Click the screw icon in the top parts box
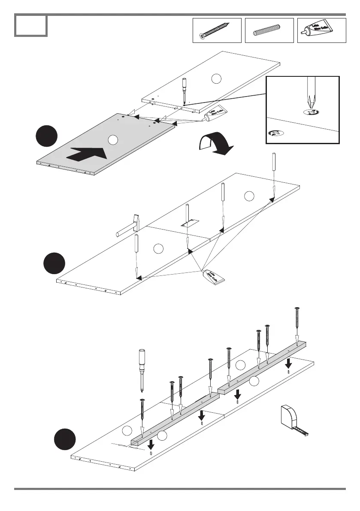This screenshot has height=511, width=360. [217, 30]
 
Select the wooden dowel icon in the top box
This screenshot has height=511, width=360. [269, 31]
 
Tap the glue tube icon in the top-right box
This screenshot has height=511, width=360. [321, 30]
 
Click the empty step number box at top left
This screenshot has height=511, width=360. [30, 25]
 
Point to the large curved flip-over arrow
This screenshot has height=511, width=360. [215, 145]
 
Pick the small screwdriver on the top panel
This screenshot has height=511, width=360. [185, 90]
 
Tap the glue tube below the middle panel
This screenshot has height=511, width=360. [215, 276]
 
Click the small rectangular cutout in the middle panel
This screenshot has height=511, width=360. [188, 224]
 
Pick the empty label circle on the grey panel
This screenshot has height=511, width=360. [112, 139]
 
